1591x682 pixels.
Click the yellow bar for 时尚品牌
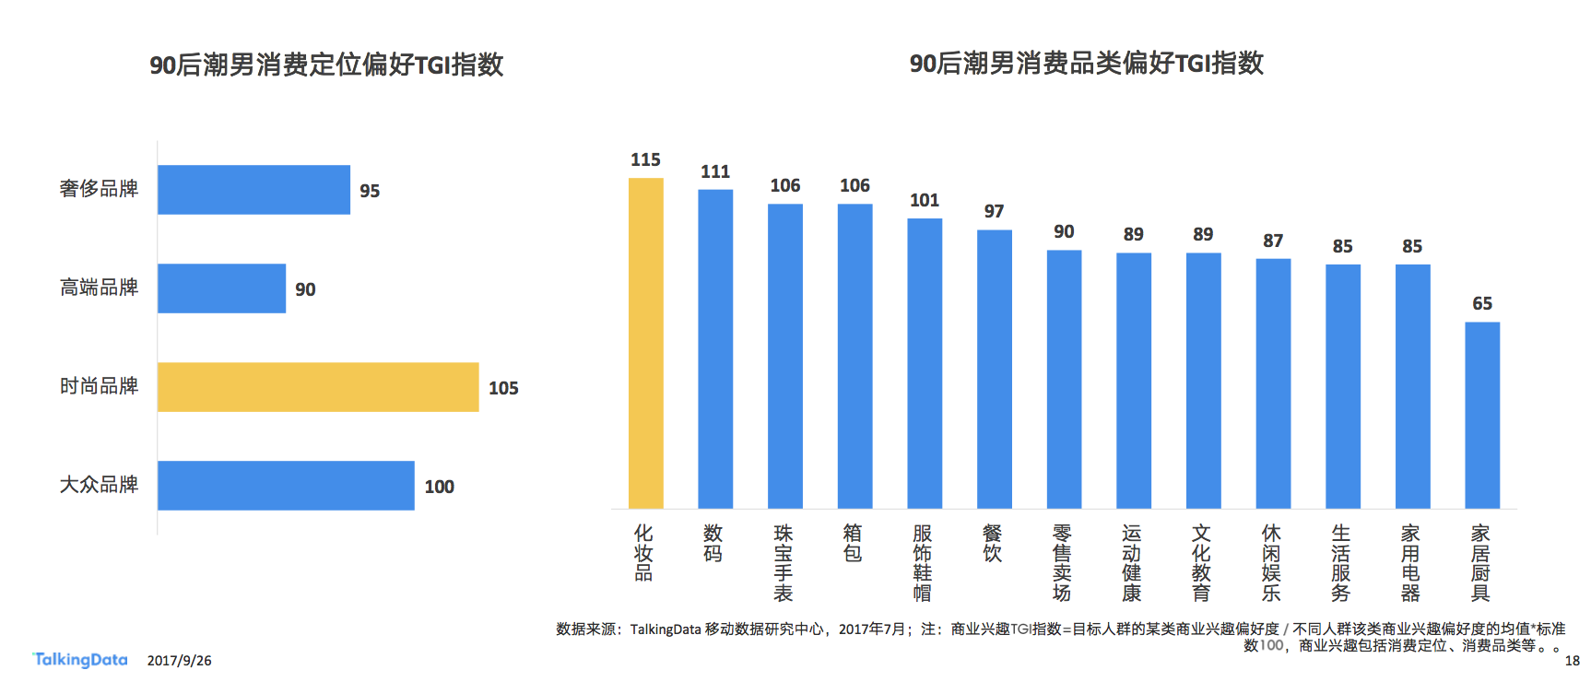(x=318, y=387)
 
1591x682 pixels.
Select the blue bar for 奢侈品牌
(x=253, y=190)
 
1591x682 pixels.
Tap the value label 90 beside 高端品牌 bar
(x=305, y=289)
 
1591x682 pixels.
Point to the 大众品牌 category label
(x=99, y=485)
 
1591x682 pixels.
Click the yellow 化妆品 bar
(x=645, y=343)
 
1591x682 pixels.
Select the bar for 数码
(x=715, y=348)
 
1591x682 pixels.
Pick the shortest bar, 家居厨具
(x=1482, y=415)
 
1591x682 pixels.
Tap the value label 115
(x=645, y=160)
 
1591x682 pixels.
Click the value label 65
(x=1482, y=304)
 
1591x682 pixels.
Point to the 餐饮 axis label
(x=993, y=544)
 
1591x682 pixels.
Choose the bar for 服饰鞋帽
(x=925, y=363)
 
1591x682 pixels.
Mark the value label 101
(x=925, y=201)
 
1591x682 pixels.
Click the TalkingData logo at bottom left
(x=80, y=660)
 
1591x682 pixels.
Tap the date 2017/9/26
(x=179, y=661)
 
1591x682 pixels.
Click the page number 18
(x=1572, y=661)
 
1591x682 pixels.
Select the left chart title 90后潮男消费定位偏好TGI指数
(x=326, y=65)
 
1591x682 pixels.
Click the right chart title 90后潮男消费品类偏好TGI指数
(x=1086, y=64)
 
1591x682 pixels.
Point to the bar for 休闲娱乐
(x=1273, y=383)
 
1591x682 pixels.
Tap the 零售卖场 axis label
(x=1062, y=562)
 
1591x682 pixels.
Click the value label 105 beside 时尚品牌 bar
(x=503, y=389)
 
